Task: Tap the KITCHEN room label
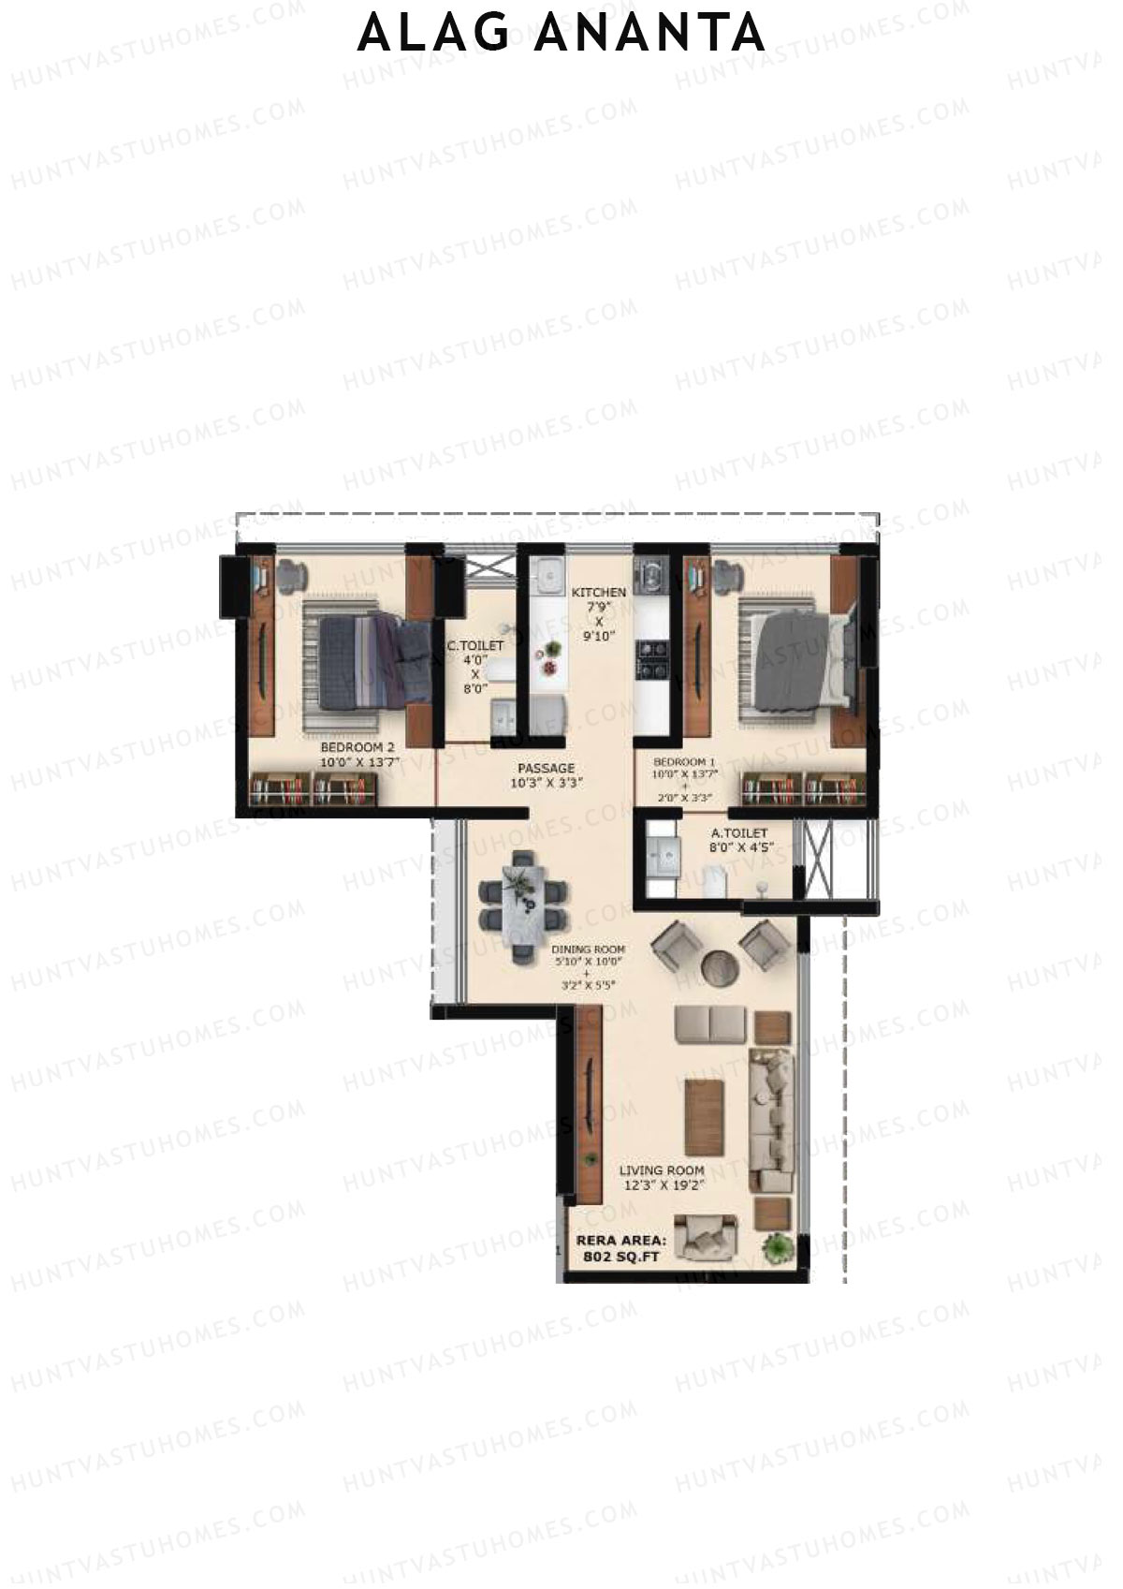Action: tap(599, 593)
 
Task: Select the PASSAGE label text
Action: tap(546, 768)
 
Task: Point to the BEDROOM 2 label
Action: tap(357, 748)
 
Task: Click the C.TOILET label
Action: tap(475, 646)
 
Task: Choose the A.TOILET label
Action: tap(739, 832)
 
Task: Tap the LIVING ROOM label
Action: tap(662, 1170)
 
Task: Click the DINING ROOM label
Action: tap(588, 949)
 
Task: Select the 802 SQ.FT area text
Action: tap(620, 1258)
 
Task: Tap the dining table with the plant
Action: tap(523, 901)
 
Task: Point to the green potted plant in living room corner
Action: tap(777, 1247)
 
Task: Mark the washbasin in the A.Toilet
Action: tap(665, 854)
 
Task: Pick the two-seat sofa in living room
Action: tap(710, 1024)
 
